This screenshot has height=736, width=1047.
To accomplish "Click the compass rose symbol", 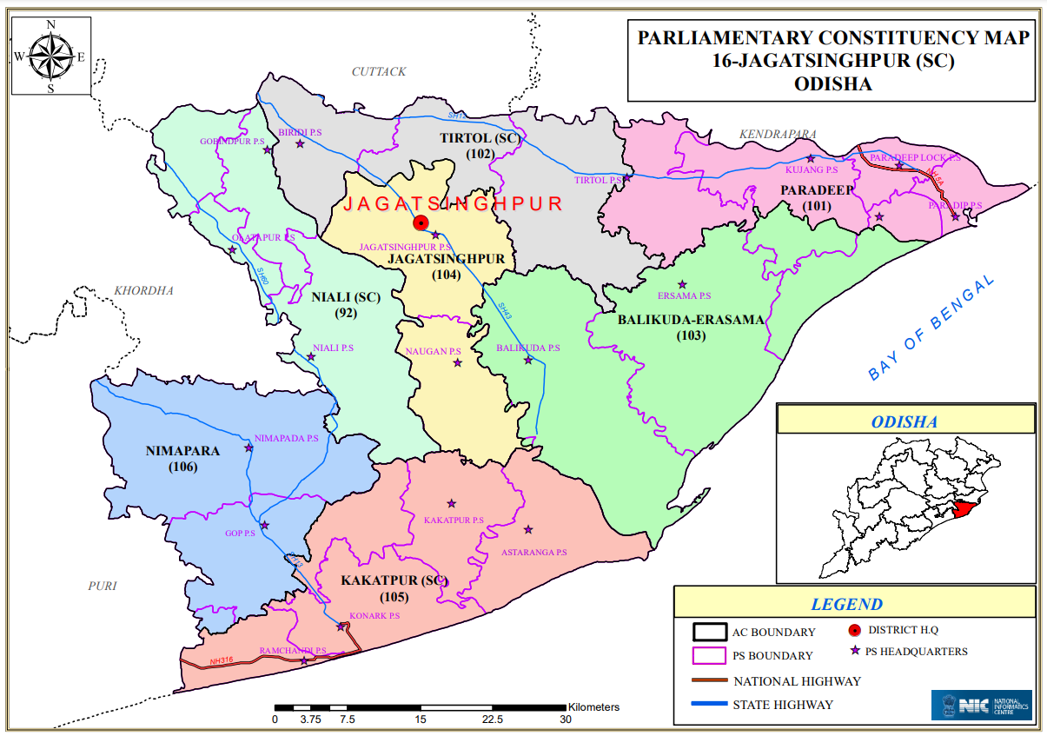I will (x=50, y=56).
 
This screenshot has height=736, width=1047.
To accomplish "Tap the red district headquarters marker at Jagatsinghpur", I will (x=421, y=222).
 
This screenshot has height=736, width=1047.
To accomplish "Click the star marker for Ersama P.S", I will (x=683, y=285).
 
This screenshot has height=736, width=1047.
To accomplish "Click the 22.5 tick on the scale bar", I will (x=494, y=707).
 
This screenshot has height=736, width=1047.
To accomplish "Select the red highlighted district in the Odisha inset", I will (x=960, y=508).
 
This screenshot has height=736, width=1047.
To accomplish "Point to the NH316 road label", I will (x=222, y=661).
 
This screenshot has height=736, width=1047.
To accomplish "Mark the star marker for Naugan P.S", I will (x=458, y=362).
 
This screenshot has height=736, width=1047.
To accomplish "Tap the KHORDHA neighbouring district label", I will (x=144, y=290).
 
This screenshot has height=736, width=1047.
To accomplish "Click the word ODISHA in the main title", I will (x=832, y=84).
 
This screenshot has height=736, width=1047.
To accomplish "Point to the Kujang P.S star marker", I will (x=811, y=158).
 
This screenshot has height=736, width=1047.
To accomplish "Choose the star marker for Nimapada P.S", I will (x=249, y=448).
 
